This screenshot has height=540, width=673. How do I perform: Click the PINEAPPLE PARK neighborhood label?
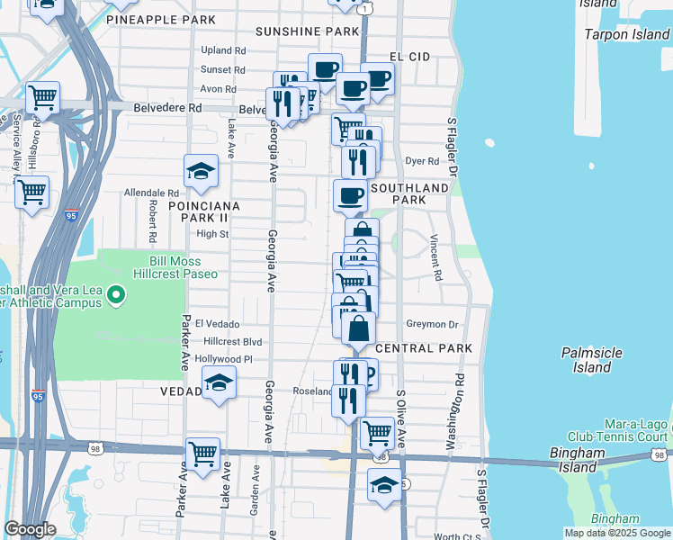(161, 19)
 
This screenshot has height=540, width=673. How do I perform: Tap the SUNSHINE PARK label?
(307, 31)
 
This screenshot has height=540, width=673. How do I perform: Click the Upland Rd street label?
(224, 50)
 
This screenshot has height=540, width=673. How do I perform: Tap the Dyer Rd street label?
(422, 161)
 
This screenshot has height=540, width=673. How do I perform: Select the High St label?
(213, 234)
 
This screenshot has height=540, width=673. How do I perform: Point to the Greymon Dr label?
(432, 324)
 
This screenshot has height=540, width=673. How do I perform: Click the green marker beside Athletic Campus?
(115, 294)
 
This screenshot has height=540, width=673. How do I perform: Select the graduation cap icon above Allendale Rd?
(202, 171)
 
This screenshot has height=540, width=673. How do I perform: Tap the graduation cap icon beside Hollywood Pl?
(219, 382)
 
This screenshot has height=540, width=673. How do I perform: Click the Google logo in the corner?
(30, 529)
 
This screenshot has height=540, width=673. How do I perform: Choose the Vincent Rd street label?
(435, 258)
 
